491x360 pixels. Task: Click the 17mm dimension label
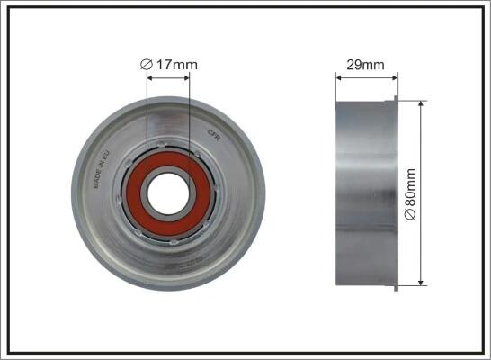[x=169, y=65]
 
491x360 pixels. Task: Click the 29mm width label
[x=365, y=65]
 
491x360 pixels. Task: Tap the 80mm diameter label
[x=410, y=193]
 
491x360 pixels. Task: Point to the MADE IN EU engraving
[x=102, y=169]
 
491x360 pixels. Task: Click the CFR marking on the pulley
[x=215, y=135]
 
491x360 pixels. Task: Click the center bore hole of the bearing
[x=168, y=193]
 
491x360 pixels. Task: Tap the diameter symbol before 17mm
[x=147, y=65]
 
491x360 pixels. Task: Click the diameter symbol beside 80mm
[x=410, y=214]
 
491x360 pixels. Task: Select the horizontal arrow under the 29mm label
[x=367, y=77]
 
